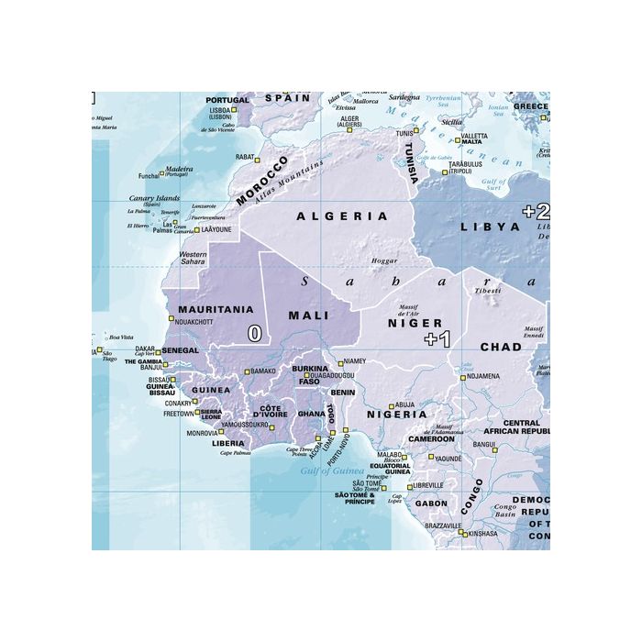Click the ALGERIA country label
(343, 216)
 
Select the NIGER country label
(415, 323)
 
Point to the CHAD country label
(501, 348)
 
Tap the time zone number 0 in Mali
(254, 334)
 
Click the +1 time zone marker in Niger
(437, 340)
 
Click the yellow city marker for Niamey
(338, 362)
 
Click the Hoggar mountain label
(384, 261)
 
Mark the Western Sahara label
(193, 259)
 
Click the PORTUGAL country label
(227, 100)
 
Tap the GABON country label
(431, 504)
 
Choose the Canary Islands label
(154, 198)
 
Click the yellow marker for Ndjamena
(461, 376)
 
